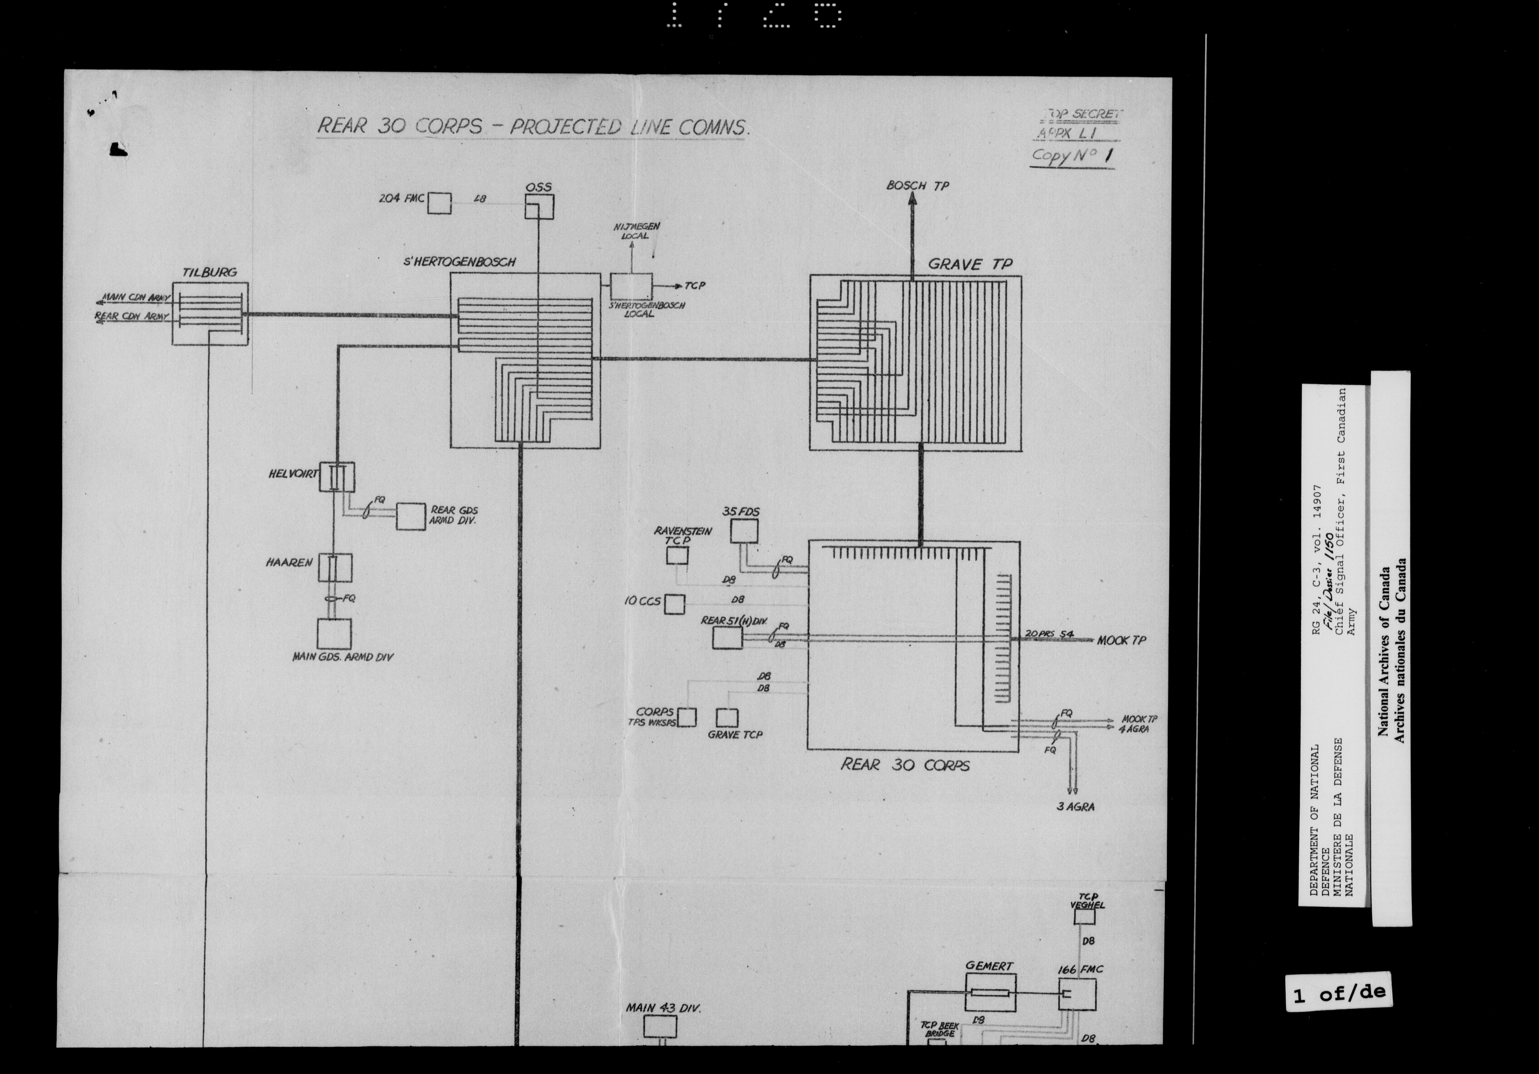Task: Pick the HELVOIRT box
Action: pos(337,477)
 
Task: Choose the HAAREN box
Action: pos(335,567)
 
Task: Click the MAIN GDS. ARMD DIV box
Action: pos(334,633)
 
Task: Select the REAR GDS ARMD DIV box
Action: pos(410,516)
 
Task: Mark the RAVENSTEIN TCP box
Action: pos(677,556)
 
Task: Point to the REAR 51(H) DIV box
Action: pos(727,637)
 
